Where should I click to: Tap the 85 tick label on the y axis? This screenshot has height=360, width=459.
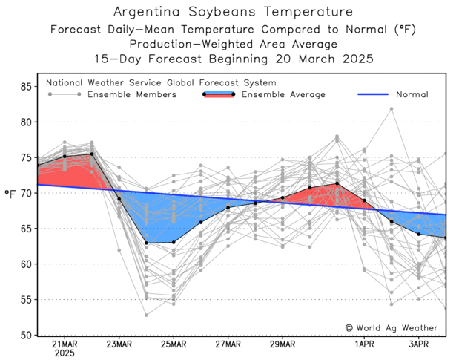(x=25, y=87)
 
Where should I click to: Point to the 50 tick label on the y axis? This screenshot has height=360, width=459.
(x=25, y=336)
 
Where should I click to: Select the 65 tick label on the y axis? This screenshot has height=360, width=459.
(x=25, y=229)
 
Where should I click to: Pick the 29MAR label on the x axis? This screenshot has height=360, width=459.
(x=283, y=345)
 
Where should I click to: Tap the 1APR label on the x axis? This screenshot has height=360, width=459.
(x=364, y=345)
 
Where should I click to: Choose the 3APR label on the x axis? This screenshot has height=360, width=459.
(x=419, y=345)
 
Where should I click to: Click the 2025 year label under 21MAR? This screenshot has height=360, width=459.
(x=65, y=355)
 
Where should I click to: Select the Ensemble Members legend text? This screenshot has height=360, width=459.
(x=132, y=95)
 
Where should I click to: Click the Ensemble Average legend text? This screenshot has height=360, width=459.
(x=284, y=95)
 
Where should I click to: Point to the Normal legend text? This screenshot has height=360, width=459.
(x=412, y=95)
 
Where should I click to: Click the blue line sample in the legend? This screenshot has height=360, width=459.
(x=373, y=95)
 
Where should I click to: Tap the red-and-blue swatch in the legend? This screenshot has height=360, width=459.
(x=219, y=94)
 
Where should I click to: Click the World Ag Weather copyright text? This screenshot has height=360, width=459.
(x=391, y=327)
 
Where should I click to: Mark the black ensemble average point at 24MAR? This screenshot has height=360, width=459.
(x=146, y=243)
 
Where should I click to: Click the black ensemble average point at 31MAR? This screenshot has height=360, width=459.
(x=337, y=183)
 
